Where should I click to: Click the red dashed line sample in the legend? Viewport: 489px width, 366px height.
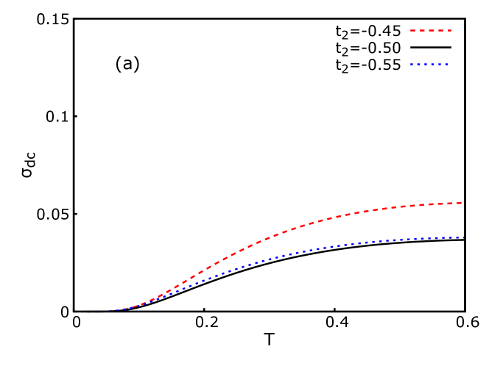[431, 30]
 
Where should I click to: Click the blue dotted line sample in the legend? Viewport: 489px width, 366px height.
[430, 65]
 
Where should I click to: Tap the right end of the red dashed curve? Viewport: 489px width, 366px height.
[461, 203]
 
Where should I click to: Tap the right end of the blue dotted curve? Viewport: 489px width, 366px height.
[462, 237]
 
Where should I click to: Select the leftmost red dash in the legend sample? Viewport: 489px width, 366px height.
[413, 30]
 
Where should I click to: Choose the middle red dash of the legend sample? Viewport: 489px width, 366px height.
[431, 30]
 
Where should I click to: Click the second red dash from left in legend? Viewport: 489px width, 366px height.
[422, 30]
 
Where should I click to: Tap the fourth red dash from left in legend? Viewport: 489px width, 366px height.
[440, 30]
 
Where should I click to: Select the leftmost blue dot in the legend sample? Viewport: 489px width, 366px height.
[412, 65]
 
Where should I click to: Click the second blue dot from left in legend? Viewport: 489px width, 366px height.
[418, 65]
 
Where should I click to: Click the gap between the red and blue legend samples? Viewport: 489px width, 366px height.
[431, 48]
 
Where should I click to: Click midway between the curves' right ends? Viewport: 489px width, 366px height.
[462, 220]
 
